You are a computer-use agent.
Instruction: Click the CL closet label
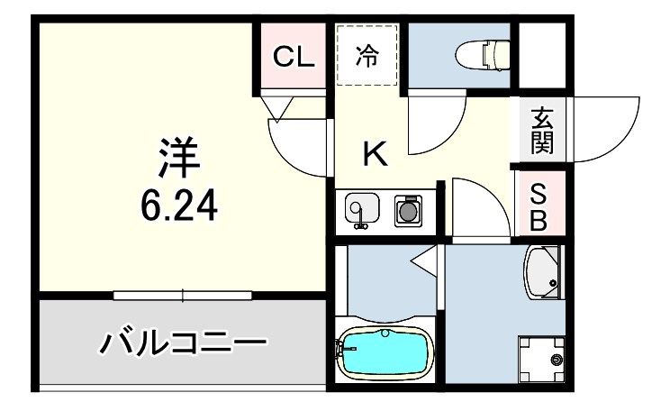point(294,57)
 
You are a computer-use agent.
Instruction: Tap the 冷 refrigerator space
point(367,57)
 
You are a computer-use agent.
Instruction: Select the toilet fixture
point(484,55)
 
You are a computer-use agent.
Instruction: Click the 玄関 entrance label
point(541,130)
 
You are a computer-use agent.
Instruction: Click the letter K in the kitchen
point(375,155)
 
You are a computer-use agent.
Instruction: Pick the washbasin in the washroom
point(543,274)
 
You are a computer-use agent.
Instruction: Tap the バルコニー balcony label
point(185,342)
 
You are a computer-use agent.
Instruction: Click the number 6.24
point(178,208)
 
